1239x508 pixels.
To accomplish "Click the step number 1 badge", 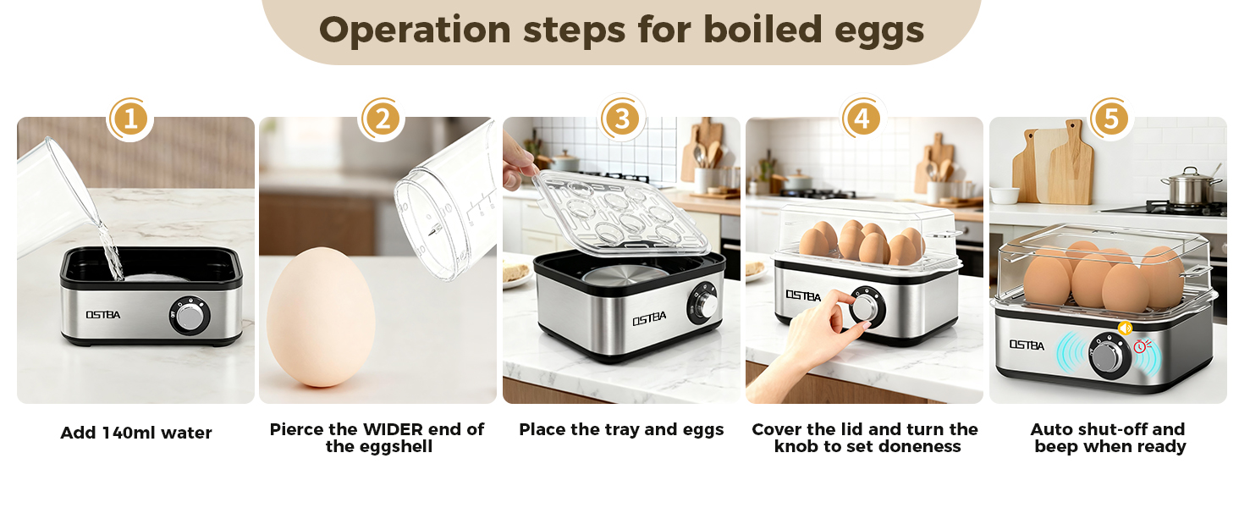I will click(x=129, y=119).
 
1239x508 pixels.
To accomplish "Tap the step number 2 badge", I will click(x=382, y=119).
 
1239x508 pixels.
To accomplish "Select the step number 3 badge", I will click(x=622, y=119).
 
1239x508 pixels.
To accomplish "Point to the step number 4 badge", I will click(x=861, y=119).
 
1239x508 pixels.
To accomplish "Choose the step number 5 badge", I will click(x=1110, y=119).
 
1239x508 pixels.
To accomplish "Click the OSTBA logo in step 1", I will click(x=102, y=315).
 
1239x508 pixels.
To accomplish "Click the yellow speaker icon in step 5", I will click(x=1125, y=329).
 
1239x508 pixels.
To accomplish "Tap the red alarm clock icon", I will click(x=1141, y=345).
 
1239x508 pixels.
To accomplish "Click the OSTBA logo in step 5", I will click(x=1026, y=345).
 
